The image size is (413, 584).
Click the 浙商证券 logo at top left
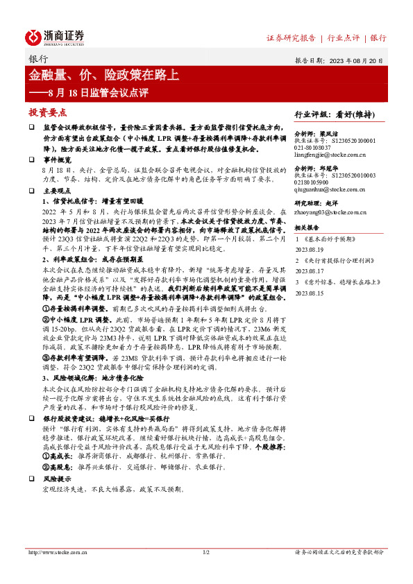[x=55, y=37]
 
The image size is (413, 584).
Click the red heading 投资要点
[x=47, y=112]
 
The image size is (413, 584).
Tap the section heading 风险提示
[x=58, y=479]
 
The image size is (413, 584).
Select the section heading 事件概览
[x=58, y=159]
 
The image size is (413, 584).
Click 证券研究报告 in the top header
[x=291, y=37]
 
